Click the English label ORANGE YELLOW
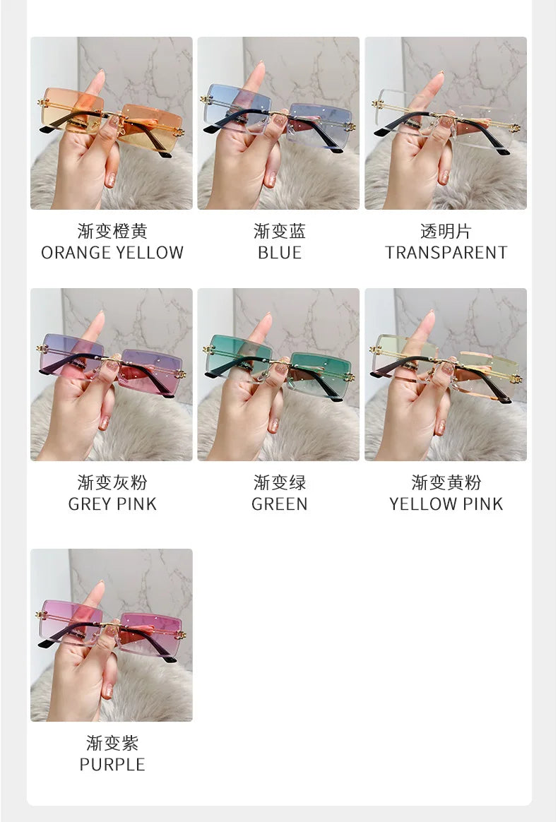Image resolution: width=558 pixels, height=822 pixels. point(112,253)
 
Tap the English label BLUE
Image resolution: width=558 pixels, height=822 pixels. point(280,253)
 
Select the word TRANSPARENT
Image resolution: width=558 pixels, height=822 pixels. point(446,253)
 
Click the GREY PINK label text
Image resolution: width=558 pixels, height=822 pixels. point(112,504)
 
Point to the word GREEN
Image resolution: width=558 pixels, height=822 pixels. point(280,504)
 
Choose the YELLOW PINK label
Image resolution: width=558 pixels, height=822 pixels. point(446,504)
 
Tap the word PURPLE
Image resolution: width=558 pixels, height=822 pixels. point(112,765)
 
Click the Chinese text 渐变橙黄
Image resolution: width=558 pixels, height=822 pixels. point(112,231)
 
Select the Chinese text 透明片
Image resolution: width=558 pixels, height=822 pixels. point(446,231)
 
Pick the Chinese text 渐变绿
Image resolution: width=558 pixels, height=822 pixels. point(280,483)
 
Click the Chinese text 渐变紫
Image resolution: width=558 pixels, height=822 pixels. point(112,744)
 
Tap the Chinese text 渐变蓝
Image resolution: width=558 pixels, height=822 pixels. point(280,231)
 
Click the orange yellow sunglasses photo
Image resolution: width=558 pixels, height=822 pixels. point(112,123)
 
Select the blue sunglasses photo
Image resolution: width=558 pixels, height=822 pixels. point(278,123)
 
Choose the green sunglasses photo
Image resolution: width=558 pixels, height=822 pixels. point(278,375)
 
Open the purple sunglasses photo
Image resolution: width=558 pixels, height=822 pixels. point(112,636)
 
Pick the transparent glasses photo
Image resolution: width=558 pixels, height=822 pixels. point(446,123)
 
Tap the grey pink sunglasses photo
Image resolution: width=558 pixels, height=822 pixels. point(112,375)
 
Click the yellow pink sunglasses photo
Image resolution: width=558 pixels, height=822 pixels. point(446,375)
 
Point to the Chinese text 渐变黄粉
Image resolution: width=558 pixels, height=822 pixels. point(446,483)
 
